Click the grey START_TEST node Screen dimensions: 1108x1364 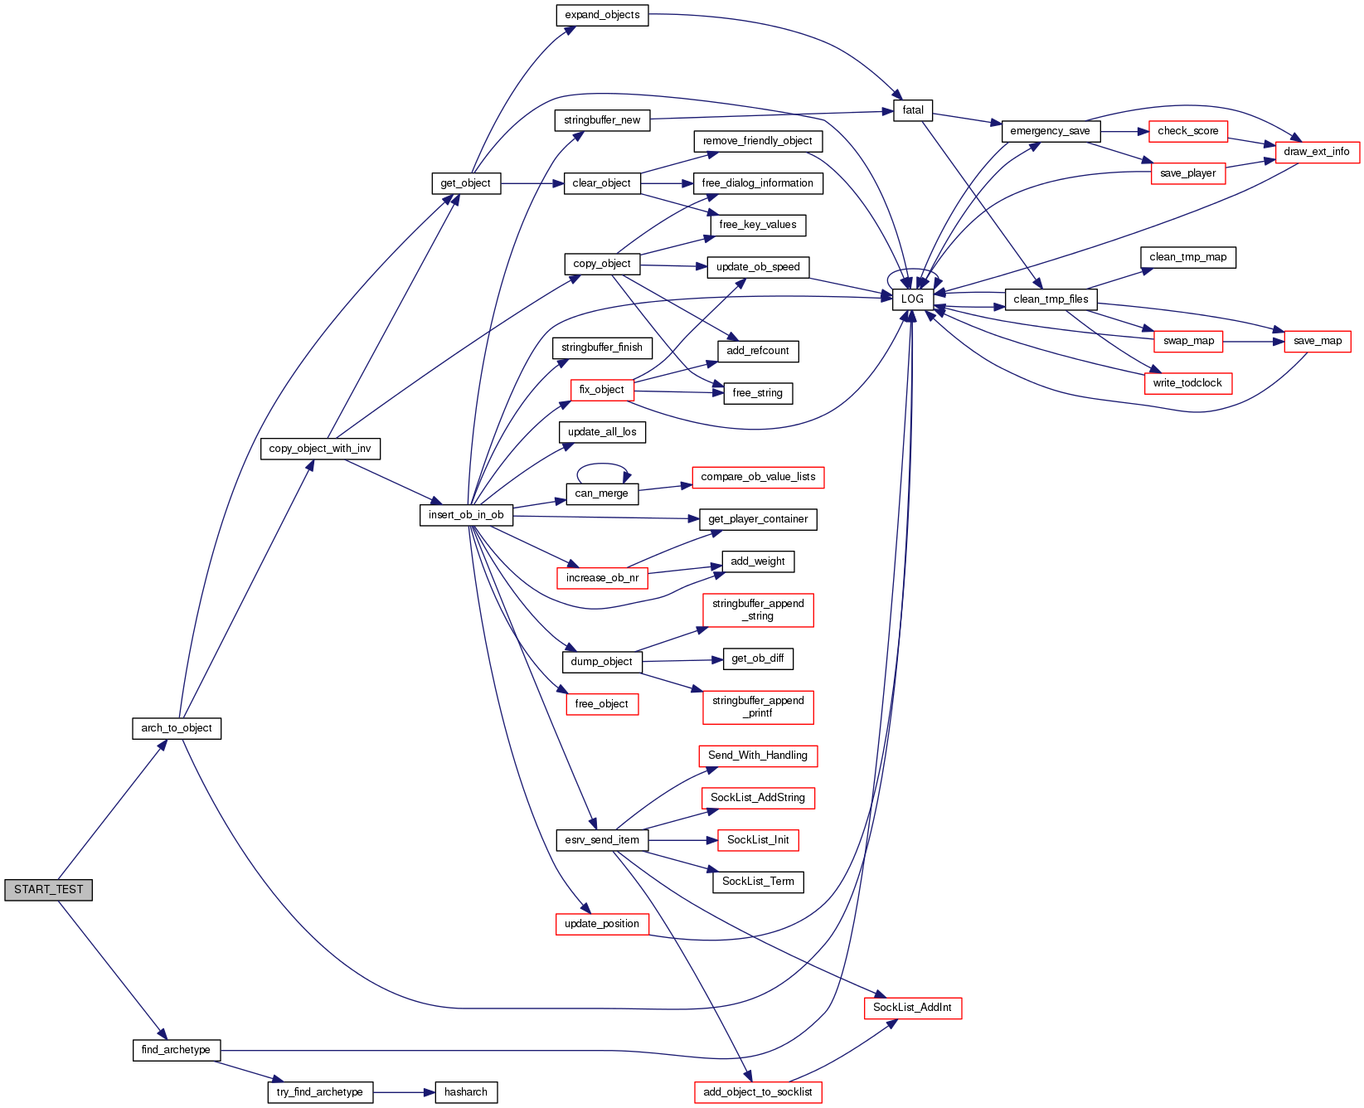tap(48, 890)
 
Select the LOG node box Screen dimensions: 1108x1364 tap(912, 299)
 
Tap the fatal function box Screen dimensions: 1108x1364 tap(913, 110)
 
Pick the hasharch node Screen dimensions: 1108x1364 tap(466, 1092)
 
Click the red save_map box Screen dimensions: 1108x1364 tap(1318, 341)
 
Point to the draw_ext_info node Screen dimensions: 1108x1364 tap(1317, 152)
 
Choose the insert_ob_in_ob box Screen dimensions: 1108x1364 tap(466, 515)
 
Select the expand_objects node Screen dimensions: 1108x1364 tap(602, 15)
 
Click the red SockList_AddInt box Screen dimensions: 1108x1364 tap(912, 1008)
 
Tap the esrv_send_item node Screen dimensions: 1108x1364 tap(602, 840)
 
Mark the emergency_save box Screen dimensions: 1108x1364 tap(1051, 131)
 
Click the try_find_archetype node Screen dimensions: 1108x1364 tap(320, 1092)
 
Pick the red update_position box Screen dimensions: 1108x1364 tap(602, 924)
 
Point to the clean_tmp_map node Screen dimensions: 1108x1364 tap(1188, 257)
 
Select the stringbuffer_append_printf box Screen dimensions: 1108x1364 tap(758, 707)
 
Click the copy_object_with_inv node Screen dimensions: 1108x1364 tap(320, 449)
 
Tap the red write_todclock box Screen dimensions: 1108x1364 tap(1187, 383)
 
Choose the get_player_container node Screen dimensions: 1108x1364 tap(758, 519)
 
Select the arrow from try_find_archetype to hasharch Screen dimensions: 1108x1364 tap(404, 1092)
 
